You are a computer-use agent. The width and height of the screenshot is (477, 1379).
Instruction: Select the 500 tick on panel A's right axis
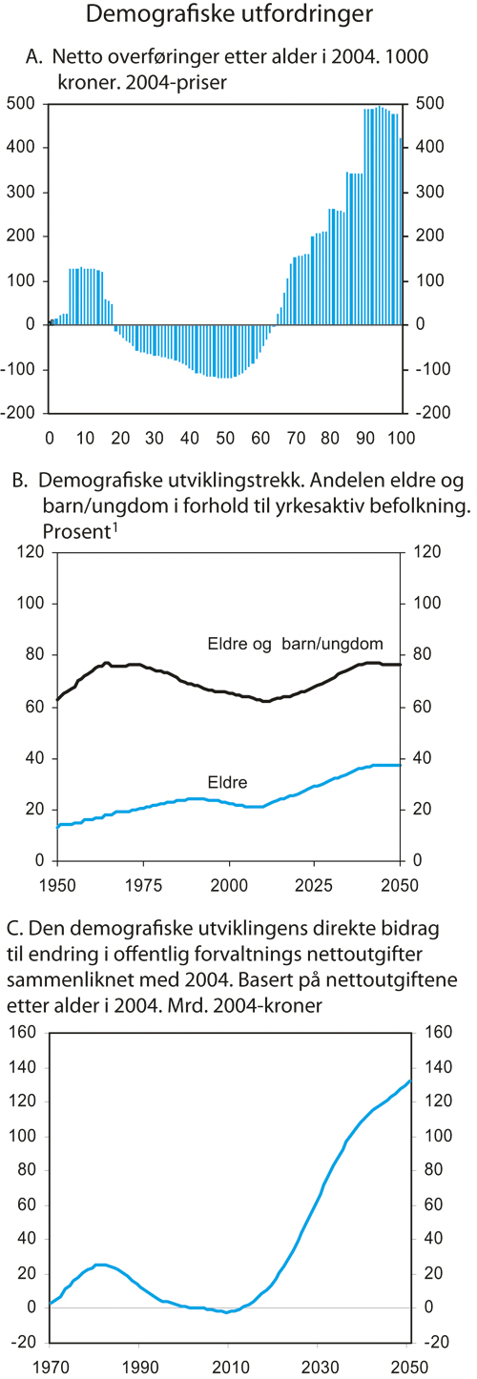[x=428, y=103]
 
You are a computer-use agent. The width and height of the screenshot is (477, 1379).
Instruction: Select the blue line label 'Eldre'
[x=228, y=782]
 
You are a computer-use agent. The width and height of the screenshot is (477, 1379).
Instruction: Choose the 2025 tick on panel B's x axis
[x=315, y=882]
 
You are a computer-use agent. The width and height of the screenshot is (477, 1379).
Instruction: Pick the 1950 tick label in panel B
[x=57, y=882]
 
